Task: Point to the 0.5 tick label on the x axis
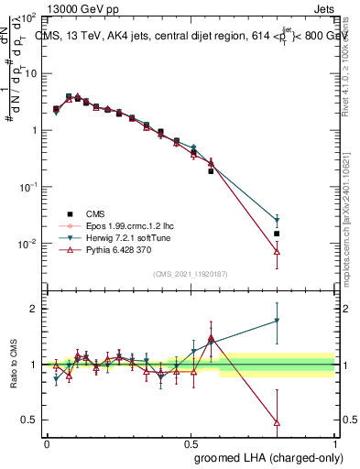point(191,443)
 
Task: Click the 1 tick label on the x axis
point(334,443)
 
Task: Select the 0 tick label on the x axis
point(47,443)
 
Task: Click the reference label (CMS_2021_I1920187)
point(191,273)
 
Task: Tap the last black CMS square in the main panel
point(277,234)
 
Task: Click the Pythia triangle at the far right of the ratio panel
point(277,422)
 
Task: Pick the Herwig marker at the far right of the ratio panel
point(277,321)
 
